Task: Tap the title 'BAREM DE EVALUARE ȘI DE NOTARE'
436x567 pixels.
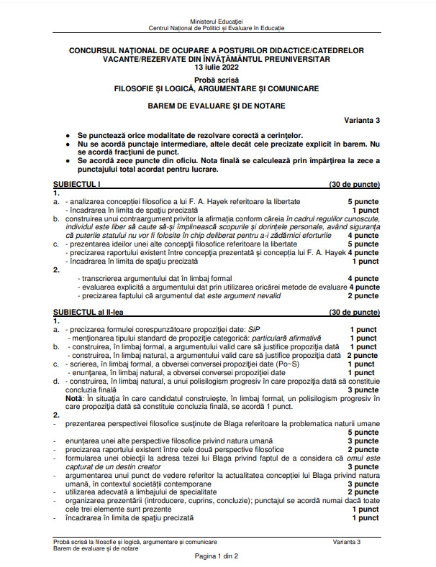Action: click(217, 106)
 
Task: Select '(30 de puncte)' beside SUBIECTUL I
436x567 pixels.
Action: click(354, 185)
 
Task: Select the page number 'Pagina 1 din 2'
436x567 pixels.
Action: click(217, 557)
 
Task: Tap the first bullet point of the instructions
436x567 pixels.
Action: click(68, 135)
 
